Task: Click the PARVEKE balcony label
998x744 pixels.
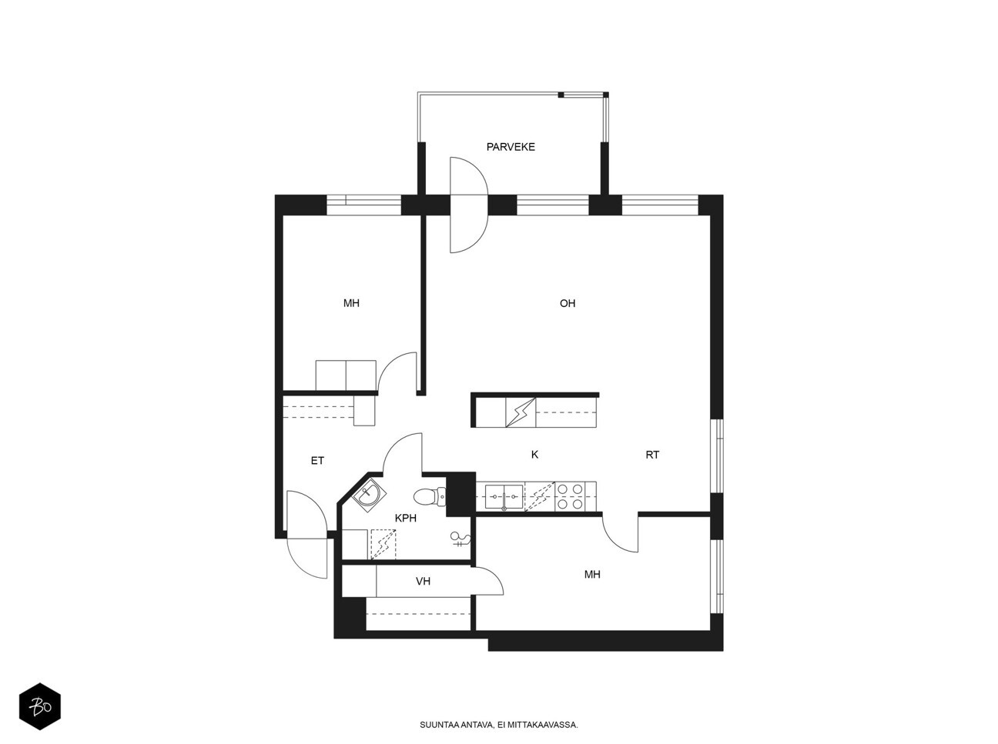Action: point(510,147)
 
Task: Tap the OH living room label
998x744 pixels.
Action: point(568,303)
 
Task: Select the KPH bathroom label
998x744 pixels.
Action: point(406,518)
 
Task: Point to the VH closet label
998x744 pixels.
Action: point(423,581)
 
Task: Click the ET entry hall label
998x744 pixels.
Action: point(317,461)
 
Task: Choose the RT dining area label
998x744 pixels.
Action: point(652,455)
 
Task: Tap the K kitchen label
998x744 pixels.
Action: point(534,454)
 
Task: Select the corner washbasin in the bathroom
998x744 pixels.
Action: point(370,495)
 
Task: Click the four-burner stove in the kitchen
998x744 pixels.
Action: point(570,496)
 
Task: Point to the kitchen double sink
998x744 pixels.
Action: point(504,497)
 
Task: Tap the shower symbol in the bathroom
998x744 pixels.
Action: point(460,539)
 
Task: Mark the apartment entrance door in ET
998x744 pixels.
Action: point(307,535)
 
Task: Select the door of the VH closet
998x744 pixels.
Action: point(490,581)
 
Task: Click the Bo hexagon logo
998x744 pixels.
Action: point(40,706)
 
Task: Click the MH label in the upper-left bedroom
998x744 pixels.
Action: point(351,303)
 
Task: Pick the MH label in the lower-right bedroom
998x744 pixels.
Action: point(592,575)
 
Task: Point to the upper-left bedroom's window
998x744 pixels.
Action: point(363,205)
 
